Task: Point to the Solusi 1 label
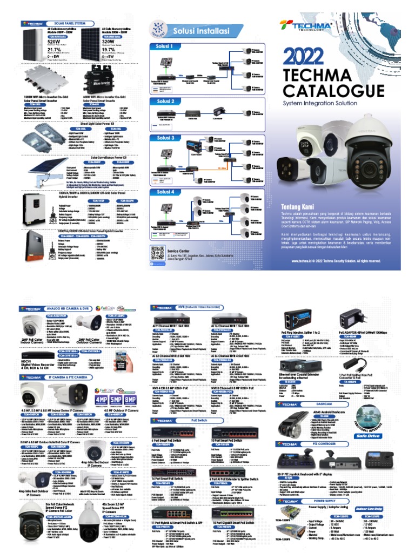pyautogui.click(x=165, y=47)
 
